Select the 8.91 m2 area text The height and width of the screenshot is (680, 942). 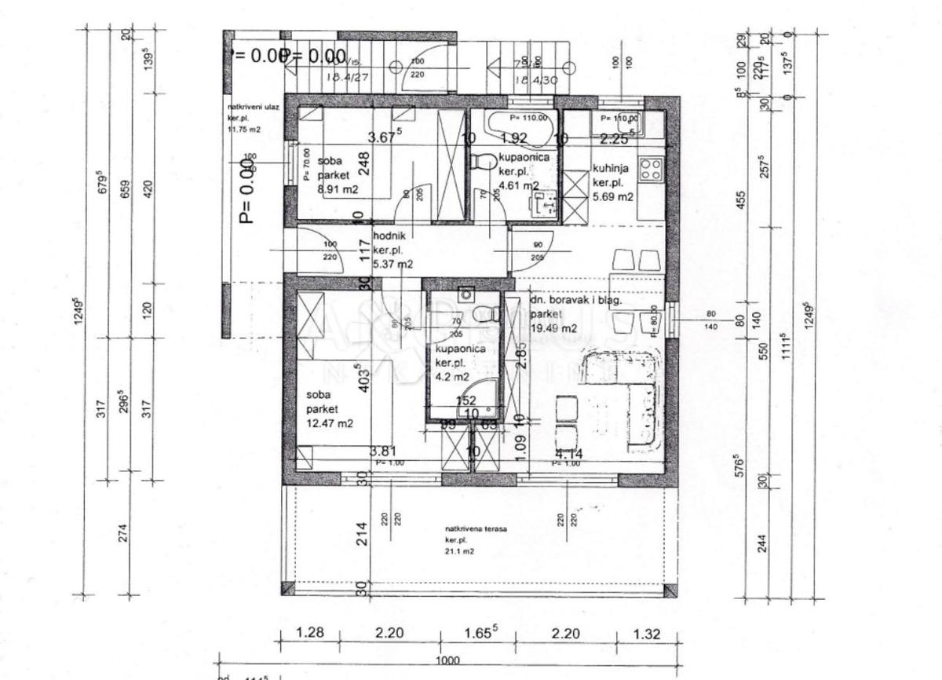tap(338, 189)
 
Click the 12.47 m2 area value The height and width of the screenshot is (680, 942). tap(330, 423)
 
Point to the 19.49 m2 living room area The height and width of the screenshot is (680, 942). tap(553, 327)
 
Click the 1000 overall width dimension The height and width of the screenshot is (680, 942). tap(447, 661)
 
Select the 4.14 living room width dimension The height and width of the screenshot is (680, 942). tap(568, 453)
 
